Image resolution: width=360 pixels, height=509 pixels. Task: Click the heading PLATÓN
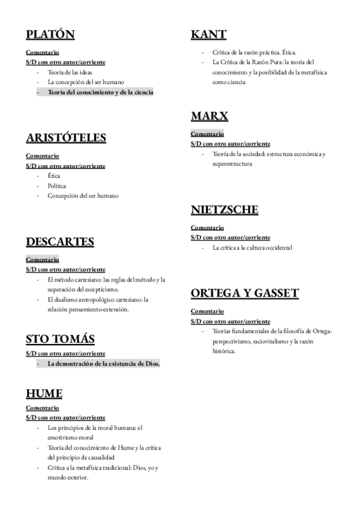pos(50,35)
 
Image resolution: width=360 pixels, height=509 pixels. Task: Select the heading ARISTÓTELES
pos(66,138)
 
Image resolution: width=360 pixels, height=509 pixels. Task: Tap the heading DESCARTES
pos(60,242)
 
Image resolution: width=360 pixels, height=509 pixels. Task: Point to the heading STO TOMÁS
pos(60,339)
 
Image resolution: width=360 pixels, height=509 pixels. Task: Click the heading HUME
pos(44,394)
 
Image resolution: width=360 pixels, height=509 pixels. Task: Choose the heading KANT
pos(209,35)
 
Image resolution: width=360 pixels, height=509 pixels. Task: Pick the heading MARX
pos(209,116)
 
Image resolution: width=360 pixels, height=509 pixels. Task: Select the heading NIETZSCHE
pos(224,209)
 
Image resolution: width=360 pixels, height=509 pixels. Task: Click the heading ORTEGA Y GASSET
pos(244,294)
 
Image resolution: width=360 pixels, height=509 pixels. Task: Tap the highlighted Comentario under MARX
pos(207,134)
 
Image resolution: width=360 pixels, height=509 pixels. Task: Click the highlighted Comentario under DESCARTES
pos(42,260)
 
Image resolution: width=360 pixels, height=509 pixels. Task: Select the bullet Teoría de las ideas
pos(70,72)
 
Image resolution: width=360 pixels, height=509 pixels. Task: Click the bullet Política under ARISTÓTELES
pos(57,185)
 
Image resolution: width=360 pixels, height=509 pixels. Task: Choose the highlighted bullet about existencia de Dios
pos(103,364)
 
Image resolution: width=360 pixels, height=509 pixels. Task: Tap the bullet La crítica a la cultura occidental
pos(252,247)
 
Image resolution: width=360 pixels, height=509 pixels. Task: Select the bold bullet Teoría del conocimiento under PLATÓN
pos(100,92)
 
